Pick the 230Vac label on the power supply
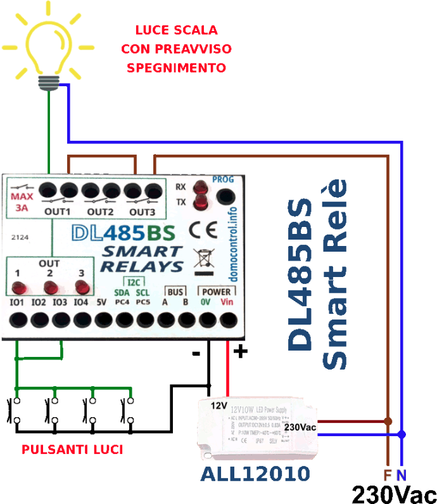point(300,427)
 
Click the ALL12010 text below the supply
point(255,474)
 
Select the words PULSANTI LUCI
point(72,450)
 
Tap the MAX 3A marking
point(23,202)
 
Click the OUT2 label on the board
point(101,211)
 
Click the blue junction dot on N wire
point(402,434)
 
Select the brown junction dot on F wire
point(388,421)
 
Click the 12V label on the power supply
point(218,405)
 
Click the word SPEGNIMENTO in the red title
point(177,67)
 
